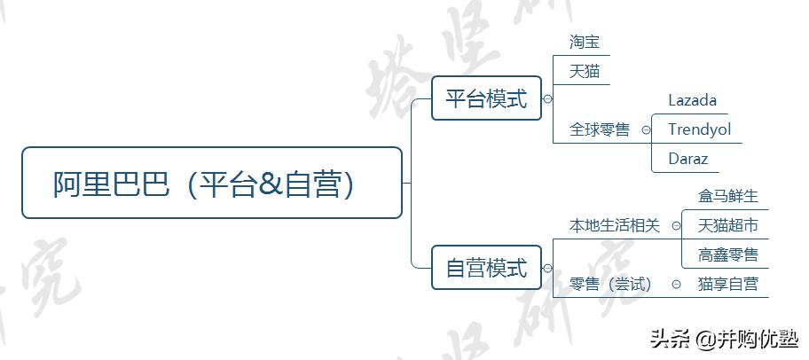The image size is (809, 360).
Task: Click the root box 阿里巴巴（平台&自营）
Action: (211, 183)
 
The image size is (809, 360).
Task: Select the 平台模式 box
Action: (485, 98)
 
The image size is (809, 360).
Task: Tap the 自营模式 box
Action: (485, 267)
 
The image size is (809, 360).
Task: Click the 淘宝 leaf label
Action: (585, 42)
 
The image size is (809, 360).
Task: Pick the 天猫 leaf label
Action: (585, 71)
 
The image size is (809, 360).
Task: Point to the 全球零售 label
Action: (600, 129)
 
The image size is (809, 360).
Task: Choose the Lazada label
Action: (692, 100)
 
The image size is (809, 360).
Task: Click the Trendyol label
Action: (699, 129)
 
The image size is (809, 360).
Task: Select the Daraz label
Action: (688, 159)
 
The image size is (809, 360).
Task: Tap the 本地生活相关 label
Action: (615, 225)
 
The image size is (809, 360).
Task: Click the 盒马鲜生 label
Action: (728, 196)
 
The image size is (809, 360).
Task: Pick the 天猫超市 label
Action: (728, 225)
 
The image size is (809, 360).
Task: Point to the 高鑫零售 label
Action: (728, 254)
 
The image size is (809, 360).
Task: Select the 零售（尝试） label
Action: (610, 284)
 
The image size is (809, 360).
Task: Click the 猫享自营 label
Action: (728, 284)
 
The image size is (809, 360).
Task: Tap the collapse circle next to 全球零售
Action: (646, 129)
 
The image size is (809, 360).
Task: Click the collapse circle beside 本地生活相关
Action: (677, 225)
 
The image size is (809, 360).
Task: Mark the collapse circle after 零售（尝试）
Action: (677, 284)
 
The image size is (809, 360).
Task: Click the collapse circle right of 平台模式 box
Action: (547, 99)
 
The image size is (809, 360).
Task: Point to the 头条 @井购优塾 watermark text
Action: (724, 339)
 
